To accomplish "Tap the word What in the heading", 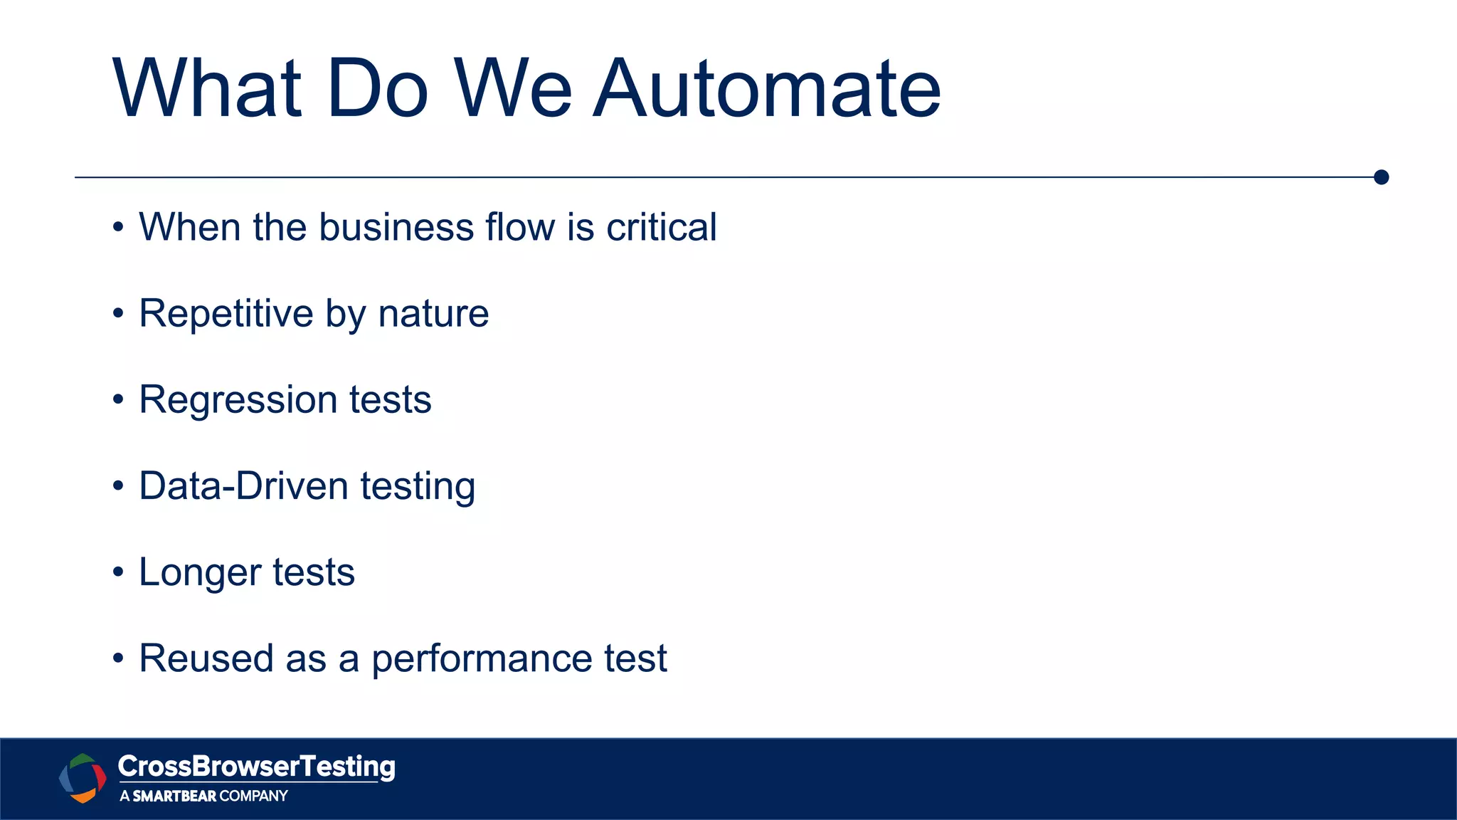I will tap(207, 89).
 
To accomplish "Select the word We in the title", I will tap(512, 89).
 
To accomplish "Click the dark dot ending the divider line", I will tap(1381, 177).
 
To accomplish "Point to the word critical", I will tap(661, 228).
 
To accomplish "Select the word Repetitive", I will tap(226, 314).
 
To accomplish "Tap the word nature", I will tap(433, 314).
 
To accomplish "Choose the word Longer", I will tap(200, 573).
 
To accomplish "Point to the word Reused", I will tap(206, 658).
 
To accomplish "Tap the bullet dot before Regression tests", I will tap(118, 400).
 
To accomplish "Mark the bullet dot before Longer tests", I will tap(118, 572).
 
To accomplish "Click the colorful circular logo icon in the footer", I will tap(83, 778).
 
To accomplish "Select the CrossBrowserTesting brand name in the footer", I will tap(256, 767).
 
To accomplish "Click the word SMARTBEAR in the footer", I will tap(174, 796).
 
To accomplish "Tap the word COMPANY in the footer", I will tap(253, 796).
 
